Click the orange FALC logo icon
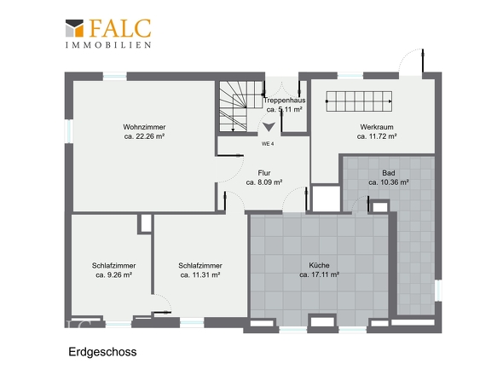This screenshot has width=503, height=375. point(75,30)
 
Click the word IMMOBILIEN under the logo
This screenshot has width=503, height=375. point(109,43)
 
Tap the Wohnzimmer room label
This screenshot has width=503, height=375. point(143,128)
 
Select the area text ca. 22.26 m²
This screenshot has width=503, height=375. point(143,136)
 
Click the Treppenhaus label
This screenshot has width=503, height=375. point(285,101)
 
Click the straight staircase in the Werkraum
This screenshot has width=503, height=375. point(359,101)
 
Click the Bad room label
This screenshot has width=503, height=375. point(389,173)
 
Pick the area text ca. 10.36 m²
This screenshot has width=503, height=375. point(389,182)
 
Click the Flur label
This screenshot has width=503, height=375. point(263,173)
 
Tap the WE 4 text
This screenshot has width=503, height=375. point(267,144)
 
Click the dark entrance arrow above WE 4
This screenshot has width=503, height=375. point(269,126)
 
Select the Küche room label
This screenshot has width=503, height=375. point(320,266)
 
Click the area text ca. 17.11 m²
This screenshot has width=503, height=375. point(320,275)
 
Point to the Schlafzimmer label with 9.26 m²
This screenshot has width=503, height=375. point(113,266)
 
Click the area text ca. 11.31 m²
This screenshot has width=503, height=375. point(200,275)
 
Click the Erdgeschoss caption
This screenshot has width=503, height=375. point(102,351)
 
